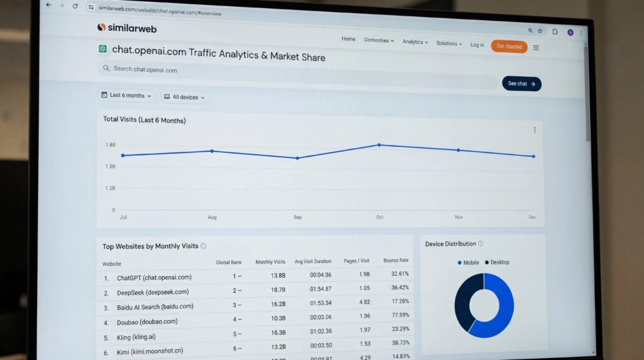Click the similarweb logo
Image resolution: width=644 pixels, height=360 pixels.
(127, 28)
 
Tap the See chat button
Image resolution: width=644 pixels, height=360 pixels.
(521, 84)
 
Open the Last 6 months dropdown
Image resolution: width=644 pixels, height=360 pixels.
(126, 96)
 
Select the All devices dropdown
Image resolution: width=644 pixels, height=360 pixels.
(184, 97)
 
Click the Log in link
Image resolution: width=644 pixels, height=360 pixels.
(477, 45)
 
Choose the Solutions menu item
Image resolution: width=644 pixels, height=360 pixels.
(448, 43)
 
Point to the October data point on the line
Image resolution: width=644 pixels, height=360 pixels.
(379, 145)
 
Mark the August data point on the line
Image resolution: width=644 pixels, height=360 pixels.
(212, 151)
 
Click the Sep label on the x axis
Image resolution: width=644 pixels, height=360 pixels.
(297, 217)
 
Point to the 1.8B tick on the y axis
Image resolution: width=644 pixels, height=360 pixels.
(110, 145)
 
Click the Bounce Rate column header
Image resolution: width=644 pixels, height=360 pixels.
(396, 260)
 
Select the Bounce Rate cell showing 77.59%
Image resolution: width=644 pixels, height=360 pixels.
(399, 315)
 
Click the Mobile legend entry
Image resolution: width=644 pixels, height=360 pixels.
(468, 262)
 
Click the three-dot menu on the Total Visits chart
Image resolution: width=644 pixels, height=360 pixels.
(535, 130)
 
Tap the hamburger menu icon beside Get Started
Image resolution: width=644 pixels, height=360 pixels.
(536, 47)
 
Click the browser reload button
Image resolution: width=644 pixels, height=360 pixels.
(75, 6)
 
